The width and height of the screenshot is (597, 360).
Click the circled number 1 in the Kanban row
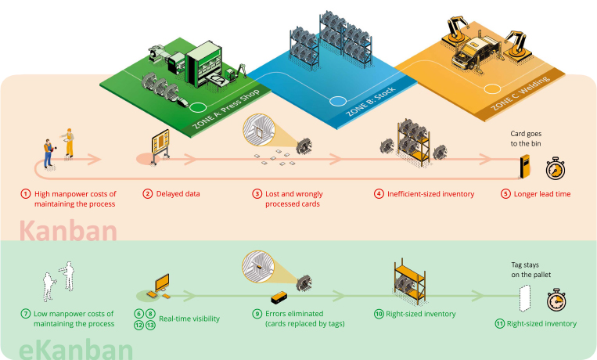pyautogui.click(x=25, y=193)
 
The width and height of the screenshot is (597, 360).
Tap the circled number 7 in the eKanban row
pyautogui.click(x=25, y=314)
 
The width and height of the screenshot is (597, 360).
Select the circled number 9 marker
pyautogui.click(x=257, y=314)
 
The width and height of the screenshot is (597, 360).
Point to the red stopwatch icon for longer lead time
pyautogui.click(x=555, y=167)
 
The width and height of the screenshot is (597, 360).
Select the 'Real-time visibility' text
pyautogui.click(x=189, y=319)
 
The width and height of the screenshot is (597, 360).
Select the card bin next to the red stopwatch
pyautogui.click(x=526, y=167)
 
